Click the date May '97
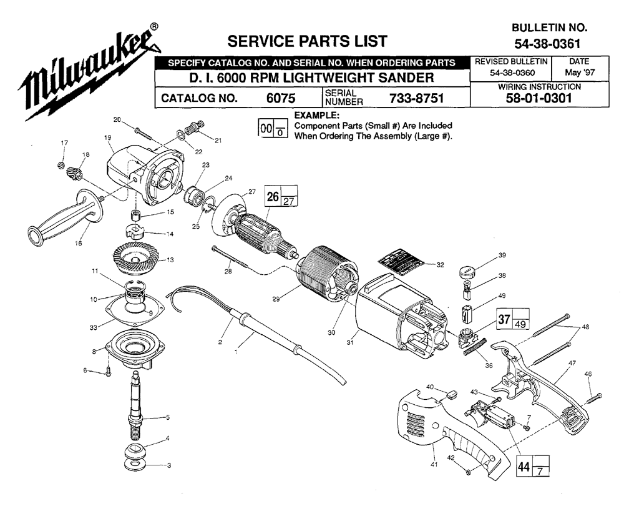tap(580, 73)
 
